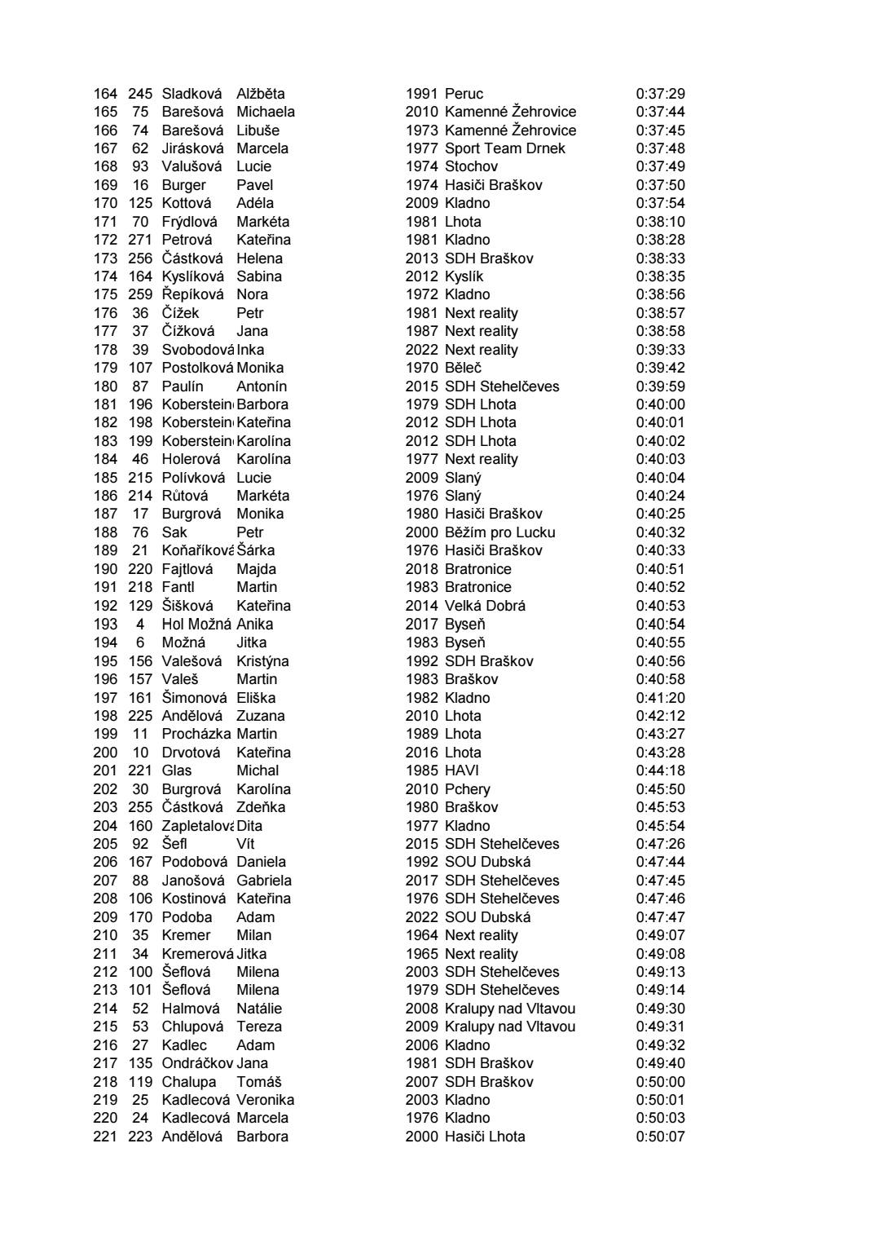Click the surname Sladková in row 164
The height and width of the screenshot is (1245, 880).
tap(191, 94)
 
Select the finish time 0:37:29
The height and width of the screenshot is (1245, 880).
tap(660, 94)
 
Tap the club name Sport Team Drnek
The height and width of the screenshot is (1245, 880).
tap(504, 148)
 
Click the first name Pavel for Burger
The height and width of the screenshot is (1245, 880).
tap(254, 185)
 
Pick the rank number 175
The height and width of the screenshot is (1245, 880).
tap(105, 294)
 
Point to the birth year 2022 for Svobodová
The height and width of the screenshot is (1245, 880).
tap(421, 350)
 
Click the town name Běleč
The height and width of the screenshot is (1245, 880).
tap(463, 368)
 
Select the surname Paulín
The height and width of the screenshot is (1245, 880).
tap(183, 386)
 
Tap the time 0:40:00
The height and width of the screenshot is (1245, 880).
tap(660, 404)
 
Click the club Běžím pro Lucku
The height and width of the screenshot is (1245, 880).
tap(499, 532)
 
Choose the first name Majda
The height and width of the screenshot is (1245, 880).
tap(256, 569)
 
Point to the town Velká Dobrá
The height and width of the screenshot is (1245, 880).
tap(485, 606)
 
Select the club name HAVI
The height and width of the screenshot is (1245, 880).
tap(461, 770)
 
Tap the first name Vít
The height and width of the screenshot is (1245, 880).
tap(245, 844)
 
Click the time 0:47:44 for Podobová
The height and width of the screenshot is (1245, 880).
tap(660, 862)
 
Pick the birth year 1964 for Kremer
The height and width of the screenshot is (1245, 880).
tap(421, 935)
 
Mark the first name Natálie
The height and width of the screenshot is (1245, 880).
tap(259, 1009)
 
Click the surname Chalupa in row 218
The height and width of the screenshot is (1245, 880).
tap(189, 1082)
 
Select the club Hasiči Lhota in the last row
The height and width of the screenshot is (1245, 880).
tap(485, 1137)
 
